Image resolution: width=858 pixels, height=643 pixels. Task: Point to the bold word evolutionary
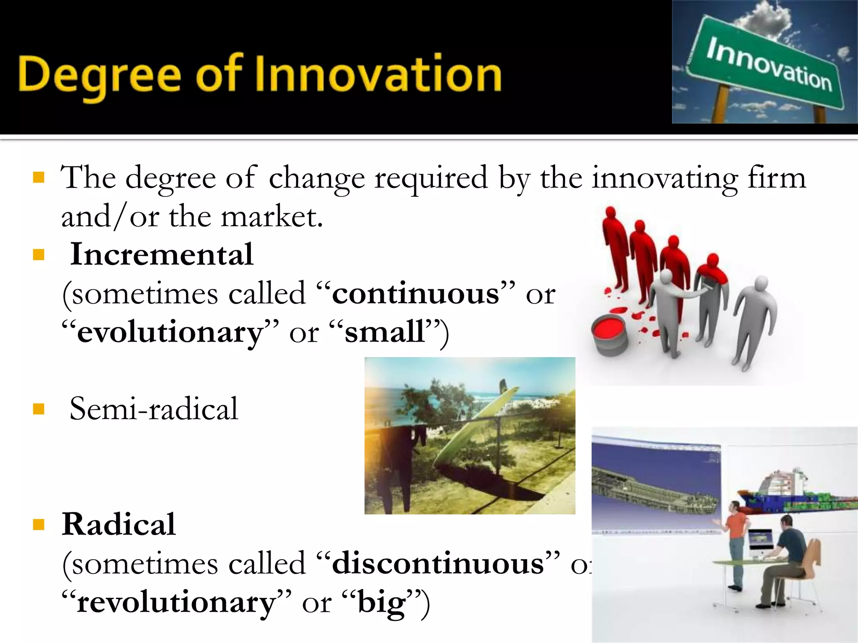point(170,332)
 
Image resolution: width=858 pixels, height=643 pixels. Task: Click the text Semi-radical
point(154,409)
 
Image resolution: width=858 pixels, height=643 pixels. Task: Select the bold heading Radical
point(119,524)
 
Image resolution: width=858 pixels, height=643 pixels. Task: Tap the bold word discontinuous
point(438,563)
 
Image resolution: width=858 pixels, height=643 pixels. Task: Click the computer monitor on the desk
point(760,540)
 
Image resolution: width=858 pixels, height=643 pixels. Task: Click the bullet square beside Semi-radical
point(39,409)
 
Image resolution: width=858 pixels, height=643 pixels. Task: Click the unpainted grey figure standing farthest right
point(754,322)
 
